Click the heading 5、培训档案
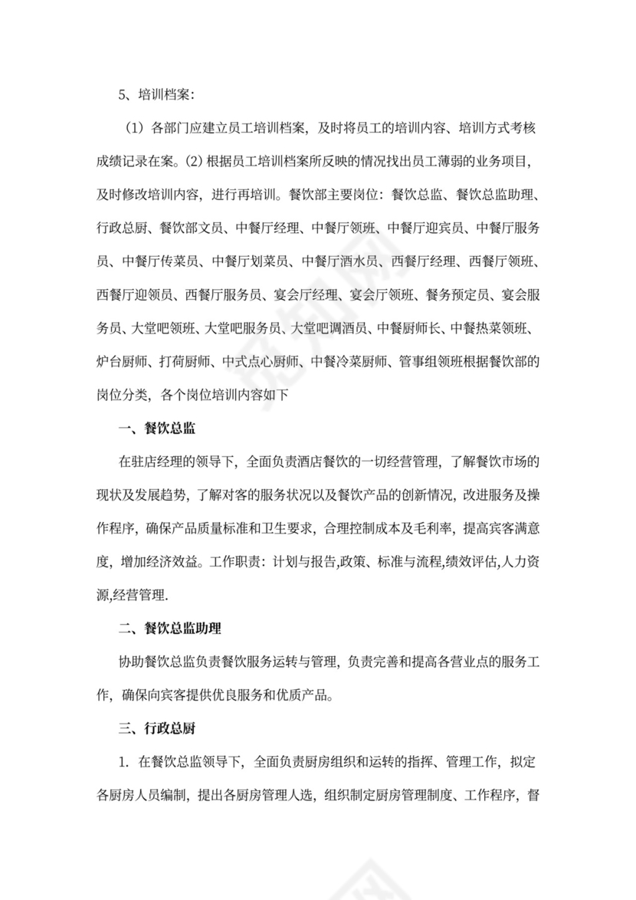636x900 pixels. click(x=156, y=95)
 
